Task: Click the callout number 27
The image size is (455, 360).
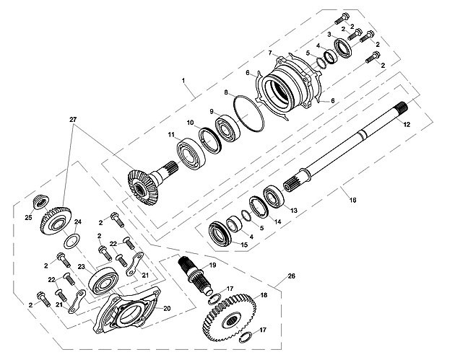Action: coord(73,119)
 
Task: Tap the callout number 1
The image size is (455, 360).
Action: coord(183,80)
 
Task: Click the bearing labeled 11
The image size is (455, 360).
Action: coord(191,153)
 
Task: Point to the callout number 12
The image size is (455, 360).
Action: coord(407,125)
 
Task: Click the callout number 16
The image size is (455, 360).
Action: coord(352,200)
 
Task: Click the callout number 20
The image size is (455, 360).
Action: coord(167,309)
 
